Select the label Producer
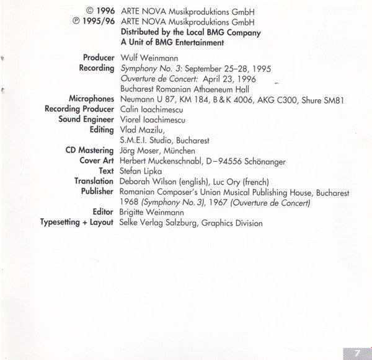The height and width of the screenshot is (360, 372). pos(98,58)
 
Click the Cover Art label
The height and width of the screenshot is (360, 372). pos(95,161)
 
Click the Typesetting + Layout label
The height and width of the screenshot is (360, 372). pos(77,222)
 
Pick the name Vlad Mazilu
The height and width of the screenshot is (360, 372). pos(142,130)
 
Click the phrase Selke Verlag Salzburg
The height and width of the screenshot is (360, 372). pos(157,222)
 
